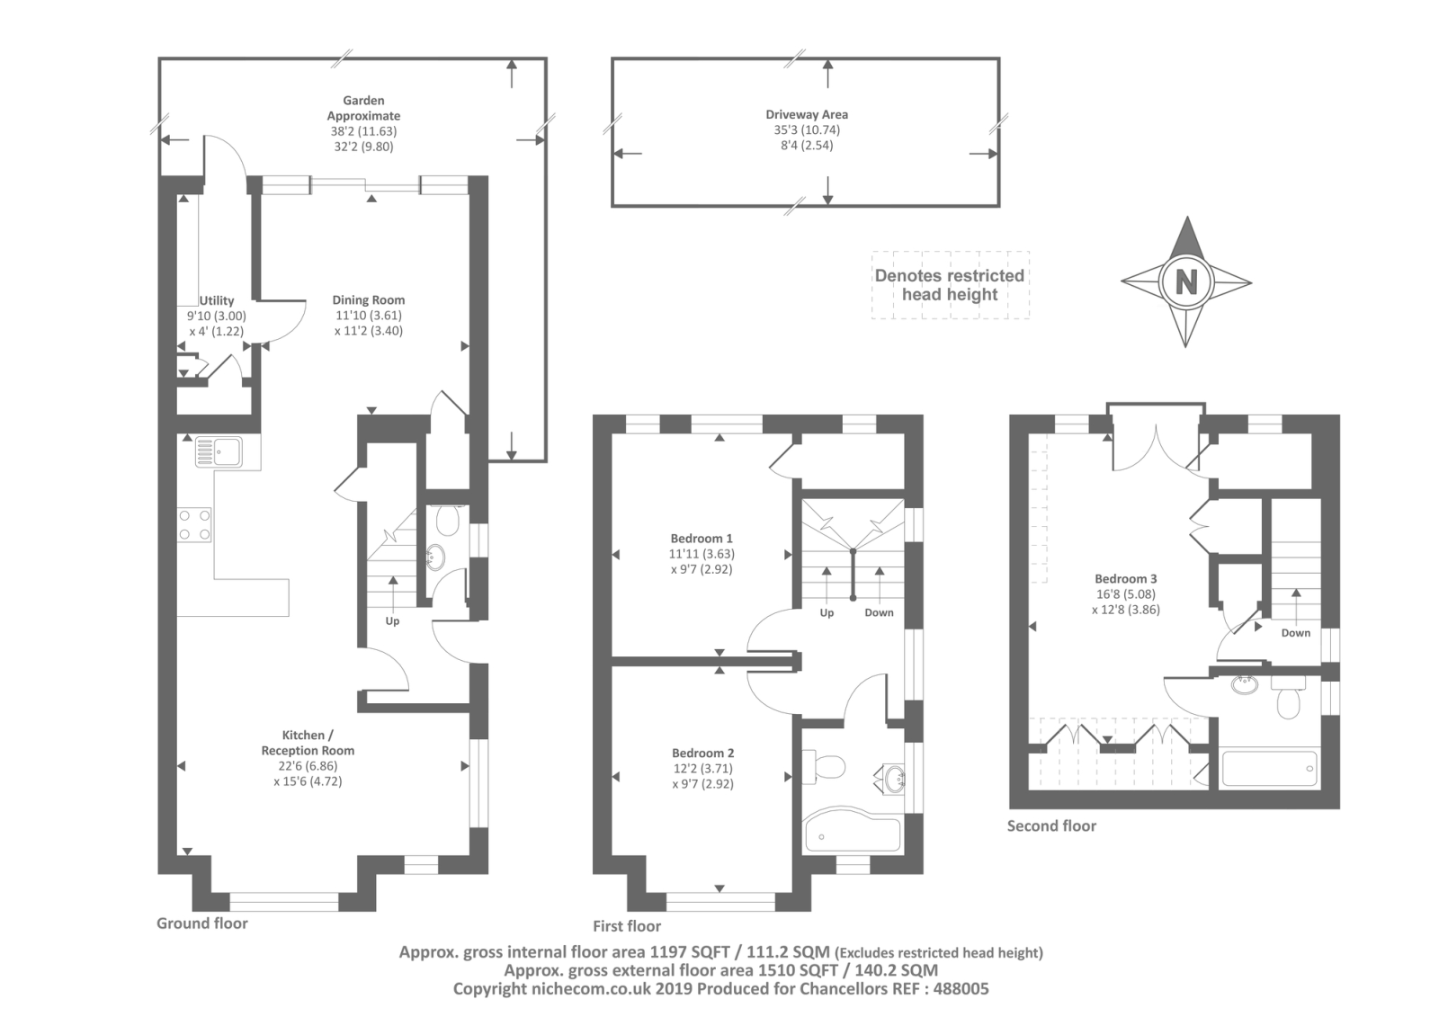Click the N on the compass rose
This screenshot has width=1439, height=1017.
(1186, 281)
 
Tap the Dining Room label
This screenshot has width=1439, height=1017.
(369, 300)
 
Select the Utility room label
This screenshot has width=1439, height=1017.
(217, 300)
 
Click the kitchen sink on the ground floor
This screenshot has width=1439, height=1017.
(219, 451)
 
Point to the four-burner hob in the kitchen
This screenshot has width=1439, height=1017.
(194, 525)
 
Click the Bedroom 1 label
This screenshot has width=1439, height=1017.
(702, 539)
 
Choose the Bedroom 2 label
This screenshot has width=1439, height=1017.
(702, 753)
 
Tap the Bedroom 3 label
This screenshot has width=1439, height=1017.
(1126, 579)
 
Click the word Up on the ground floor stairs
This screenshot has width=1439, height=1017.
(392, 621)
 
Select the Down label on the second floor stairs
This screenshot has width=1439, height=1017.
(1296, 633)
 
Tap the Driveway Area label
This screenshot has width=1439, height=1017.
(807, 114)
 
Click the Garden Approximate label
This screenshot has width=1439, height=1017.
(363, 108)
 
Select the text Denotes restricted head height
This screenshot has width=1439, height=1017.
(950, 285)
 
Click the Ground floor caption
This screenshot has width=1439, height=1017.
(202, 923)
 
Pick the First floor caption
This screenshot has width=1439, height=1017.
(627, 926)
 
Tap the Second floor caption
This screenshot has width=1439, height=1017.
(1051, 826)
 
